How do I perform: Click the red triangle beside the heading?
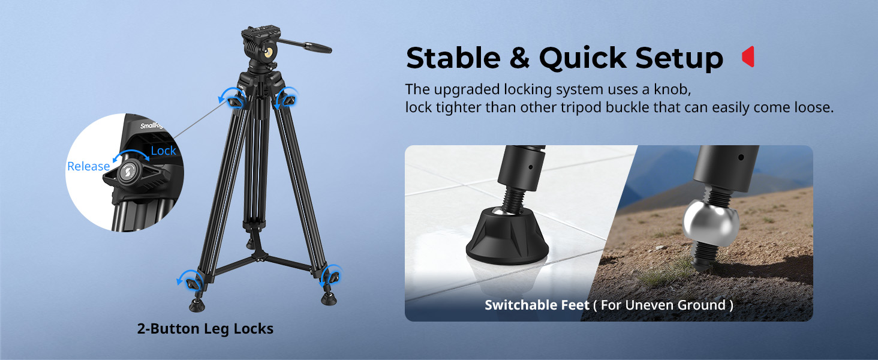pyautogui.click(x=748, y=57)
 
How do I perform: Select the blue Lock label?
pyautogui.click(x=163, y=151)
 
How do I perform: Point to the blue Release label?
pyautogui.click(x=88, y=166)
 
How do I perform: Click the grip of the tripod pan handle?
pyautogui.click(x=317, y=47)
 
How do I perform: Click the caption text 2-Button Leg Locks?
pyautogui.click(x=205, y=329)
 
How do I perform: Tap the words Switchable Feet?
pyautogui.click(x=537, y=305)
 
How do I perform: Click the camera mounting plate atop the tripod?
pyautogui.click(x=258, y=32)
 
